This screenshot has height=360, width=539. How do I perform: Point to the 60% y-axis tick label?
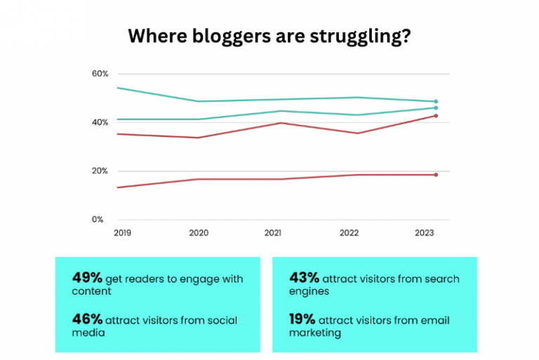coord(100,74)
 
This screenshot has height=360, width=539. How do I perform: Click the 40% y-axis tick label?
coord(100,122)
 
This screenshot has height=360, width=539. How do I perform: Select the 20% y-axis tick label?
coord(100,171)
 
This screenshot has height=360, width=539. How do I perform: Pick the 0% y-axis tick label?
coord(102,219)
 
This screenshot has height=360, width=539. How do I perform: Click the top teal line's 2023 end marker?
coord(436,102)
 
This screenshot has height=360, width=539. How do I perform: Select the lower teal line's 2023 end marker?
coord(436,108)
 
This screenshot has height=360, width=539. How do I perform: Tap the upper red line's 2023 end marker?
coord(436,116)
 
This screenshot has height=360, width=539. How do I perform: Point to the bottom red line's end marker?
coord(436,175)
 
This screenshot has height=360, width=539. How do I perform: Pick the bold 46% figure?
coord(86,319)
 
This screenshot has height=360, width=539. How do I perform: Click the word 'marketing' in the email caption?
coord(315,333)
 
